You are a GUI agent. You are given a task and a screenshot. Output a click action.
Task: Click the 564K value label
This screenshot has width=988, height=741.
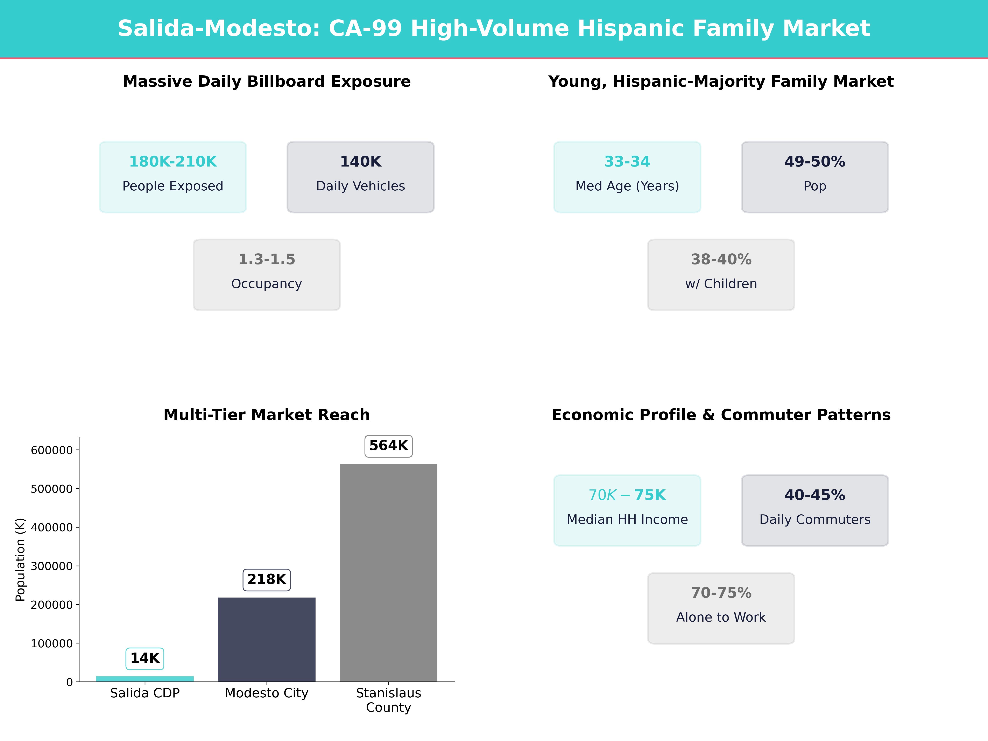388,446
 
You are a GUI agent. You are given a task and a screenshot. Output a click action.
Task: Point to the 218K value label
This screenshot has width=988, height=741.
267,579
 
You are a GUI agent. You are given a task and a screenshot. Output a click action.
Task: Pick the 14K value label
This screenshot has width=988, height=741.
145,658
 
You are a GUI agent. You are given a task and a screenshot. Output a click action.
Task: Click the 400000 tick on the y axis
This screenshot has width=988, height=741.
51,528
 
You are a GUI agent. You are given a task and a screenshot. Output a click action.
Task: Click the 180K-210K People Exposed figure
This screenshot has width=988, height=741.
173,162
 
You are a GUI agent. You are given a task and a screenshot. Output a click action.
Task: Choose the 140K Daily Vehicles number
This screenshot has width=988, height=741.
360,162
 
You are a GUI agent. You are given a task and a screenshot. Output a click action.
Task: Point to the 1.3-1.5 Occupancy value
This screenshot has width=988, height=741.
267,260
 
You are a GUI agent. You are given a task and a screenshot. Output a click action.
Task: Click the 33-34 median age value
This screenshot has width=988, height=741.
627,162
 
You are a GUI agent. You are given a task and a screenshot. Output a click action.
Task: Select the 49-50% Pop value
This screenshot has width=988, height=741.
815,162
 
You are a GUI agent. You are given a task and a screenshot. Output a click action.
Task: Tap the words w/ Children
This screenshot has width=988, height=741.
721,284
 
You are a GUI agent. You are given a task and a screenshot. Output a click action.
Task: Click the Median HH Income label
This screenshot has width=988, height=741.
627,520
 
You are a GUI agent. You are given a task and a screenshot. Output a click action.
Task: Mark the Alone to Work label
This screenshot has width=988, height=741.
721,617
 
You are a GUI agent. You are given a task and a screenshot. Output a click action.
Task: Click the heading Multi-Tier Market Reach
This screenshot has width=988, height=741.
267,415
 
